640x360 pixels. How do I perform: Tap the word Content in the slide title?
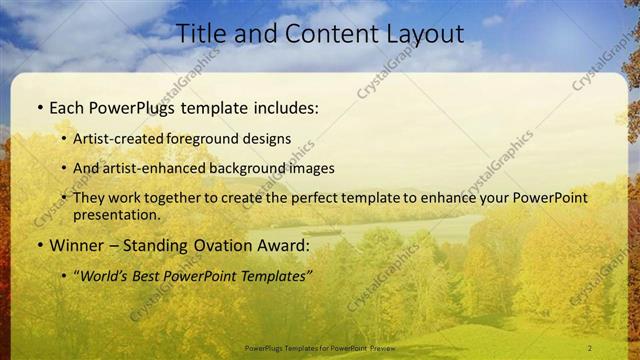(x=322, y=33)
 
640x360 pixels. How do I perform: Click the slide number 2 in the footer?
(x=589, y=347)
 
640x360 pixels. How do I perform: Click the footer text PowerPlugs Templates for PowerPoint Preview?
(x=319, y=347)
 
